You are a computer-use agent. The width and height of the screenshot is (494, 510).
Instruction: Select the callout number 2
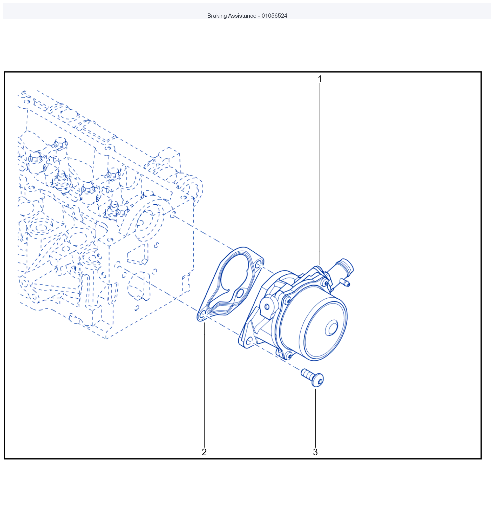[204, 452]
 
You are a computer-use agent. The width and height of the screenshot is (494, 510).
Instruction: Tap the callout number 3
[315, 452]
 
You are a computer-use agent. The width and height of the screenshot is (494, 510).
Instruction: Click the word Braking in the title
[217, 16]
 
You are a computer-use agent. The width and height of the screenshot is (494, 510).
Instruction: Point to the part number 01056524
[274, 16]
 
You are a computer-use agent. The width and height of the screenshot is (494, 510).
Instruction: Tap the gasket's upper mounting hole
[258, 265]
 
